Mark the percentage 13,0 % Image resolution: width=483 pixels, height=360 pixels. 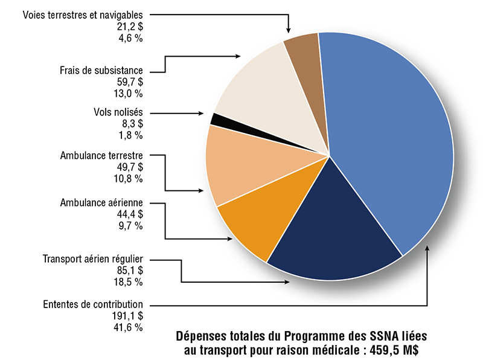[129, 93]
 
